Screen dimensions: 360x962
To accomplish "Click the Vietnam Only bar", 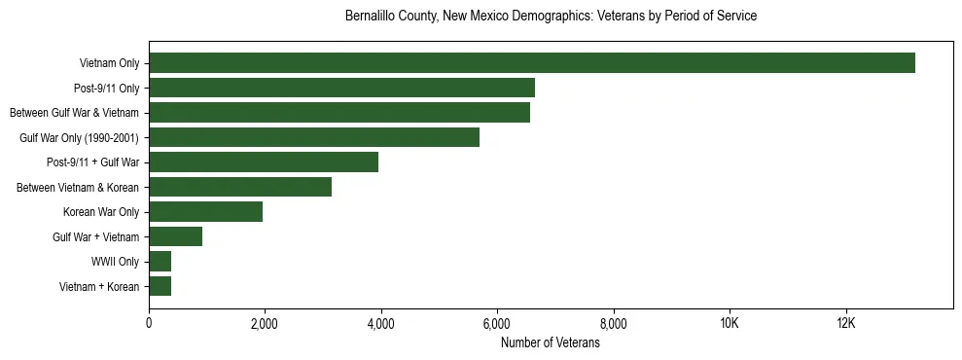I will pyautogui.click(x=532, y=63).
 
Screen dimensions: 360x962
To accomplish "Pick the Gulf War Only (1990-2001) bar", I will pyautogui.click(x=314, y=137).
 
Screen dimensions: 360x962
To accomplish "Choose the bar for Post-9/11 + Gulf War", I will pyautogui.click(x=264, y=162).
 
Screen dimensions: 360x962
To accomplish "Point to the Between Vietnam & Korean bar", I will pyautogui.click(x=240, y=187).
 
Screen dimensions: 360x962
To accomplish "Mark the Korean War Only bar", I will pyautogui.click(x=206, y=211).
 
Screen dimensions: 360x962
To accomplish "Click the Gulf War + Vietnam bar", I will pyautogui.click(x=176, y=236).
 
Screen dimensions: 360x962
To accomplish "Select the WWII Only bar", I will pyautogui.click(x=160, y=261).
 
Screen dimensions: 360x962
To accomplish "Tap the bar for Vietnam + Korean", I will pyautogui.click(x=160, y=286).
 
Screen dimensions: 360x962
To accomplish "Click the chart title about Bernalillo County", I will pyautogui.click(x=551, y=17).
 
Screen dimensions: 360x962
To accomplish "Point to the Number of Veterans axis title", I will pyautogui.click(x=551, y=343).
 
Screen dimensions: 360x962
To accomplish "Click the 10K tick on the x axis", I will pyautogui.click(x=730, y=324).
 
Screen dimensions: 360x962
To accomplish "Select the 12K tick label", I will pyautogui.click(x=845, y=324).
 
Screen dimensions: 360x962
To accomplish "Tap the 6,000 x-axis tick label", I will pyautogui.click(x=497, y=324).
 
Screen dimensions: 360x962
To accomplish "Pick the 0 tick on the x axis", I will pyautogui.click(x=149, y=324).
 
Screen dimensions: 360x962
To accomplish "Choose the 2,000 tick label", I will pyautogui.click(x=265, y=324).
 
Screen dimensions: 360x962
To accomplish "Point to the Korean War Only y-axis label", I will pyautogui.click(x=101, y=212).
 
